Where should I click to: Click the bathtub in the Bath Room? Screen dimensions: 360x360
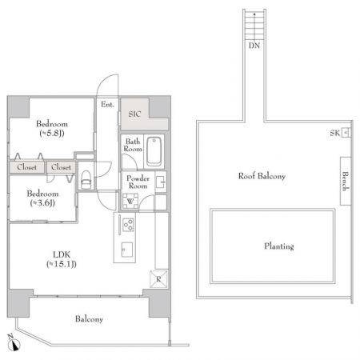154,151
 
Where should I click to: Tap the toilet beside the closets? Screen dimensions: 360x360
86,179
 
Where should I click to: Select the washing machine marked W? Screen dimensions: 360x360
130,201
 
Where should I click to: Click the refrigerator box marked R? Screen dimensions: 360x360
158,279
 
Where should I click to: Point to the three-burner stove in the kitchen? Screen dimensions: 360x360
128,225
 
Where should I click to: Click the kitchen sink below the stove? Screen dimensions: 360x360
127,250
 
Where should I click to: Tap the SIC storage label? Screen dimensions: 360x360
134,114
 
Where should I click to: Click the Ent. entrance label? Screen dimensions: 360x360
107,105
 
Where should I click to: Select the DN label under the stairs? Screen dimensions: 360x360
254,46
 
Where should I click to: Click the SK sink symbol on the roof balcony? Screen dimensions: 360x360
346,133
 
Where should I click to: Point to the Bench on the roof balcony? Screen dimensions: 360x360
346,181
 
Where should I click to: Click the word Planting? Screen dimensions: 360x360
279,246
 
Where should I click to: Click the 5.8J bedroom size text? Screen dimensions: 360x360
52,133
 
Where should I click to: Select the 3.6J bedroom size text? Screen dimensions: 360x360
42,203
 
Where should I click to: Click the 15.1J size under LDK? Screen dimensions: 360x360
62,264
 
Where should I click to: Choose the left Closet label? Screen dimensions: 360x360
26,167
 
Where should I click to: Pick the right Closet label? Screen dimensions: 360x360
61,167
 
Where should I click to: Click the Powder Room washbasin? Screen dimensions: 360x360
161,182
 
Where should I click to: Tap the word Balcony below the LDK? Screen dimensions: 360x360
89,319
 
